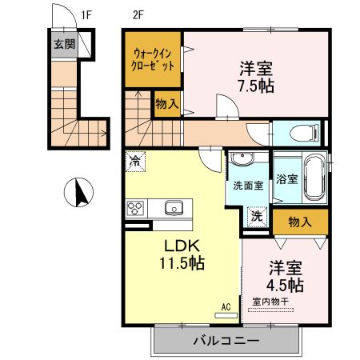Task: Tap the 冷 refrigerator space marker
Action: point(134,160)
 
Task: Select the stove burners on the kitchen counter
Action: point(134,209)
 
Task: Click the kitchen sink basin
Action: point(174,209)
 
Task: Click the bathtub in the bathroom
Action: point(314,179)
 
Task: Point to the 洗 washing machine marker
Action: point(258,216)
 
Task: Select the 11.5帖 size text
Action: point(181,263)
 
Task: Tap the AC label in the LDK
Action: point(226,305)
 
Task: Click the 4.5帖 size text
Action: point(285,284)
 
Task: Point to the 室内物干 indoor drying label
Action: point(272,302)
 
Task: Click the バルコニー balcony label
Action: point(223,342)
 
